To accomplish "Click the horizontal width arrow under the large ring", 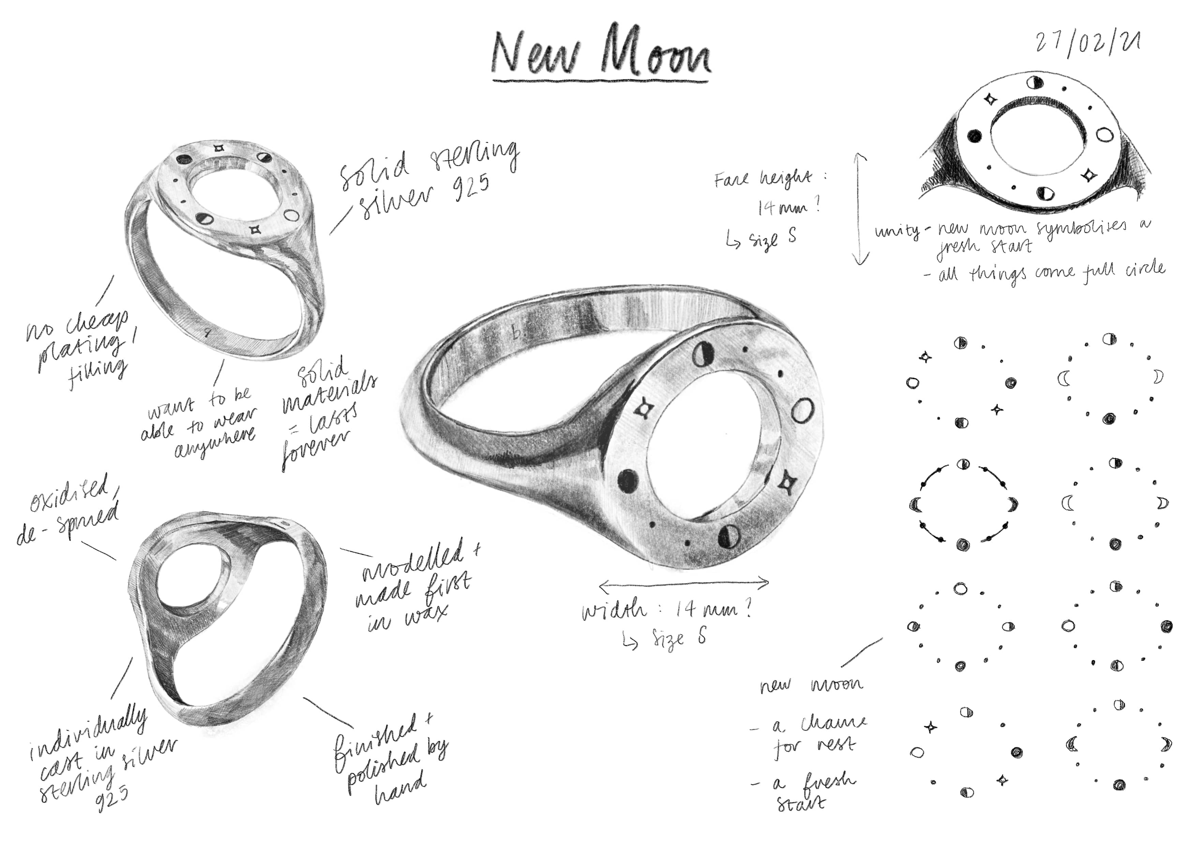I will tap(684, 584).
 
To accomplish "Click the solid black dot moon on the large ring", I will tap(628, 480).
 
